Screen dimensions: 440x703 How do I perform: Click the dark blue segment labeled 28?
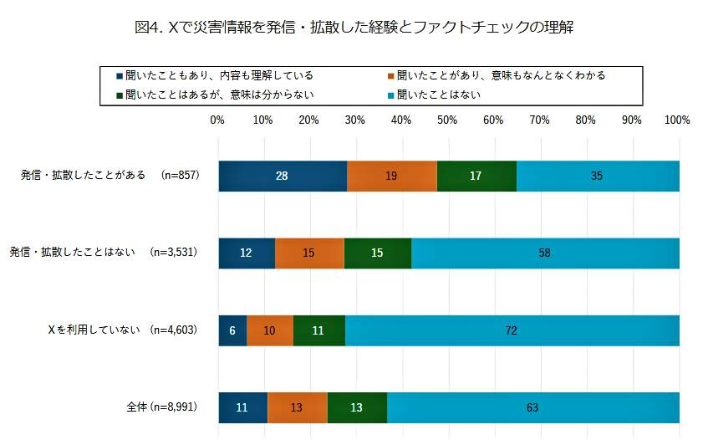[x=283, y=176]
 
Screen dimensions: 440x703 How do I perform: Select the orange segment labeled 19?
[x=391, y=176]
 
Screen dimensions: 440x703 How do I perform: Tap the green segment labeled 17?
[x=476, y=176]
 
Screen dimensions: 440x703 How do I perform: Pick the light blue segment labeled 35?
[x=597, y=176]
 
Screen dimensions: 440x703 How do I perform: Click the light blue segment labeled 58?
[x=545, y=253]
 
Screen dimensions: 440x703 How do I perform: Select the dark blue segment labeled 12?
[x=246, y=253]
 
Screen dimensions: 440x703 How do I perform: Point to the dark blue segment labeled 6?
[x=232, y=330]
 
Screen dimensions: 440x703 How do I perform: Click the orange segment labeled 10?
[x=270, y=330]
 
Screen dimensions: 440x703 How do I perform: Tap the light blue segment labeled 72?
[x=512, y=330]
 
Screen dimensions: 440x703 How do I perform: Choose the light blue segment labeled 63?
[x=532, y=407]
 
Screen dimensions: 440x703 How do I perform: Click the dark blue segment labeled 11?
[x=242, y=407]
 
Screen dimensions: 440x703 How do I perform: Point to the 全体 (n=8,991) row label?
[x=161, y=407]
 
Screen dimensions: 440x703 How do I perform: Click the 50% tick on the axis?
[x=447, y=120]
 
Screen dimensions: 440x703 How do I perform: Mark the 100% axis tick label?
[x=677, y=120]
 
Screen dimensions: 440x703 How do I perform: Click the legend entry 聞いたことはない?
[x=438, y=94]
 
